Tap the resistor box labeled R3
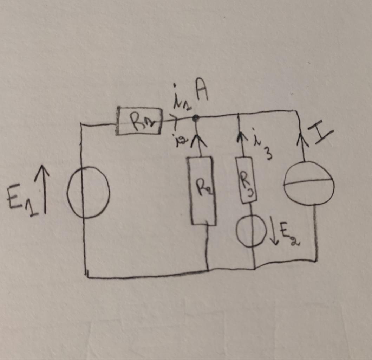pyautogui.click(x=246, y=180)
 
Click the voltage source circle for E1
pyautogui.click(x=88, y=192)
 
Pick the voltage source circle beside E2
pyautogui.click(x=251, y=231)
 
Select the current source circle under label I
pyautogui.click(x=308, y=183)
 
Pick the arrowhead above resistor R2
pyautogui.click(x=199, y=141)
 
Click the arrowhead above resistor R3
pyautogui.click(x=241, y=137)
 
